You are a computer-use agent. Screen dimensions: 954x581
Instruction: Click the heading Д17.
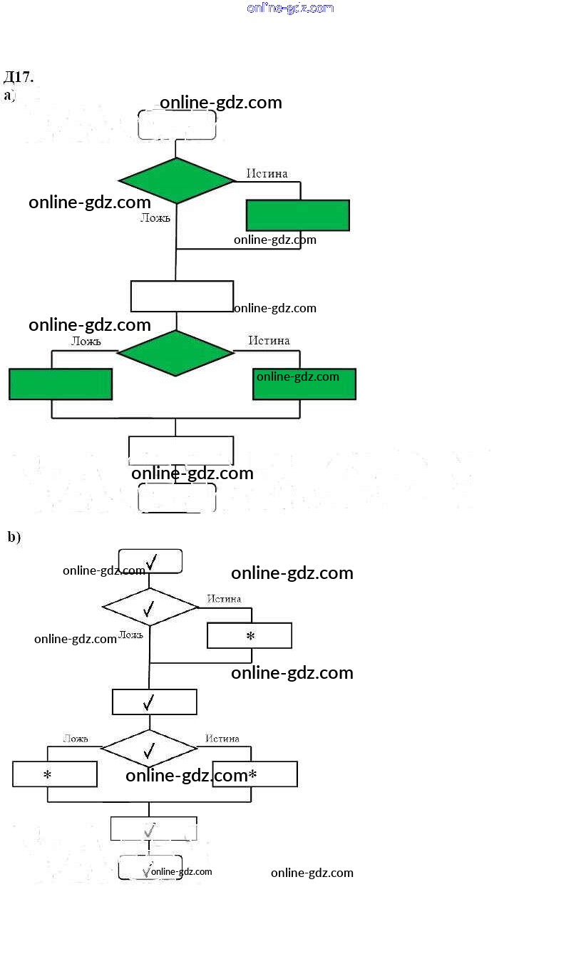[19, 77]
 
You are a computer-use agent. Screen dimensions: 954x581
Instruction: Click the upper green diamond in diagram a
[176, 180]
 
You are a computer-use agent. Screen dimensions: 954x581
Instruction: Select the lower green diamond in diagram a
[175, 353]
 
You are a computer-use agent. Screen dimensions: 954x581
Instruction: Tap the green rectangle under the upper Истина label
[298, 215]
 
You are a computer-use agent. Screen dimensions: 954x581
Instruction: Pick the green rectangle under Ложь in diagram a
[61, 384]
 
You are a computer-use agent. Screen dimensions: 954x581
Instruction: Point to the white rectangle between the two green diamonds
[182, 297]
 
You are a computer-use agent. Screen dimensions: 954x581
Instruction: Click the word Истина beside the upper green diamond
[267, 173]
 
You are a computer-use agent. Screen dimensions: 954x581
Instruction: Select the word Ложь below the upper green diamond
[155, 218]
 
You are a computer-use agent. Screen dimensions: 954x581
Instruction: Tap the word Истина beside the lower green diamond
[269, 341]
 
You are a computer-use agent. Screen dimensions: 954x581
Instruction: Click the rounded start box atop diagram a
[177, 125]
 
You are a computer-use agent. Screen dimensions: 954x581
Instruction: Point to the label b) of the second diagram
[14, 537]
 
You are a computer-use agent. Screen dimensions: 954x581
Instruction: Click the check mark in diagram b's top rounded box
[150, 562]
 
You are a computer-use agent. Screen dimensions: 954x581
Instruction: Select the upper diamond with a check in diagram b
[150, 607]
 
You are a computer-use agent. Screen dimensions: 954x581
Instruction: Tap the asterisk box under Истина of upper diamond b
[250, 635]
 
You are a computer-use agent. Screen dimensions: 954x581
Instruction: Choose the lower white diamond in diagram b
[149, 749]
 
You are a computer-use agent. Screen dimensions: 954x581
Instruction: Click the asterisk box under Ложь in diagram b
[55, 774]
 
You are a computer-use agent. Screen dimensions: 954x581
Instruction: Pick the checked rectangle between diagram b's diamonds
[154, 702]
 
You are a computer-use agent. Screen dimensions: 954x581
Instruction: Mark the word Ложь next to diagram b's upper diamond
[131, 635]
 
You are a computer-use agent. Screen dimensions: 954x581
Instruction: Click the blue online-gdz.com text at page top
[290, 8]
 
